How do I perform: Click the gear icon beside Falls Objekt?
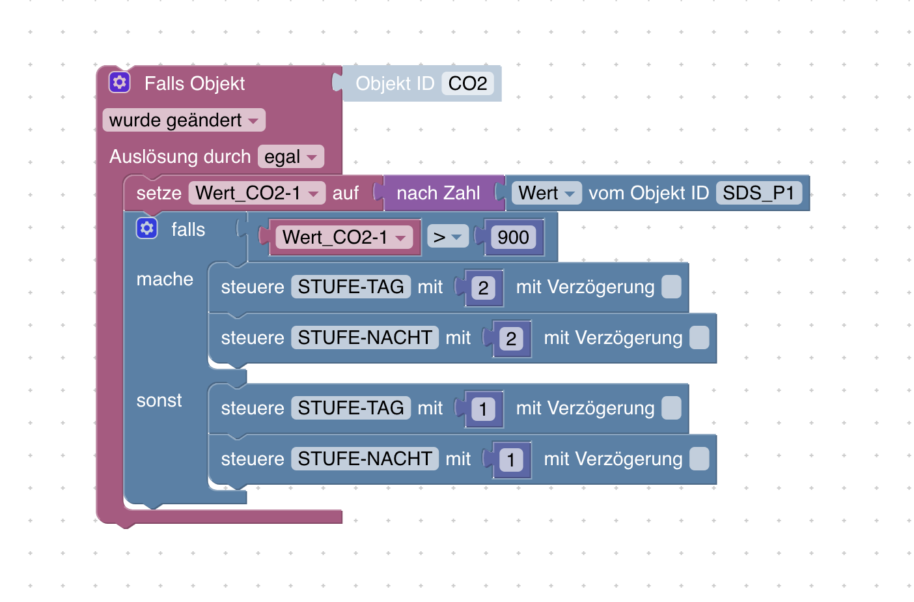coord(119,83)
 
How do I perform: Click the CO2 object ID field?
coord(467,83)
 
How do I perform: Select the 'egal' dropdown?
coord(290,157)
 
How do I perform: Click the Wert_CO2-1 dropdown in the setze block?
coord(256,193)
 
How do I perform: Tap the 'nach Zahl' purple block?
coord(438,193)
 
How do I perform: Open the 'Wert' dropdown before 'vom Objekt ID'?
coord(546,193)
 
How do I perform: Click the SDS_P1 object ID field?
coord(758,193)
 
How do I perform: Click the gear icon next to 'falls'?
coord(146,229)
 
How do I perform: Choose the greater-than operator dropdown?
coord(447,238)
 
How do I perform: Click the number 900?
coord(513,238)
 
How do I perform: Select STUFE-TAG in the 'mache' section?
coord(350,287)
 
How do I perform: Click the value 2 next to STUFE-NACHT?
coord(511,339)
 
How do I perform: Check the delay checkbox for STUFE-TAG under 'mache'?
coord(671,287)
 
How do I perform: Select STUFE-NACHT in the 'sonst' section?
coord(365,459)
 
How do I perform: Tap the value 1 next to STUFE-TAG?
coord(483,409)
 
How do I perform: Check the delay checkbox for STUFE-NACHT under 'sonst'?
coord(699,459)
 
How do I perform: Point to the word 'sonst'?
coord(159,401)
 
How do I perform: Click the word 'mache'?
coord(165,279)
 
